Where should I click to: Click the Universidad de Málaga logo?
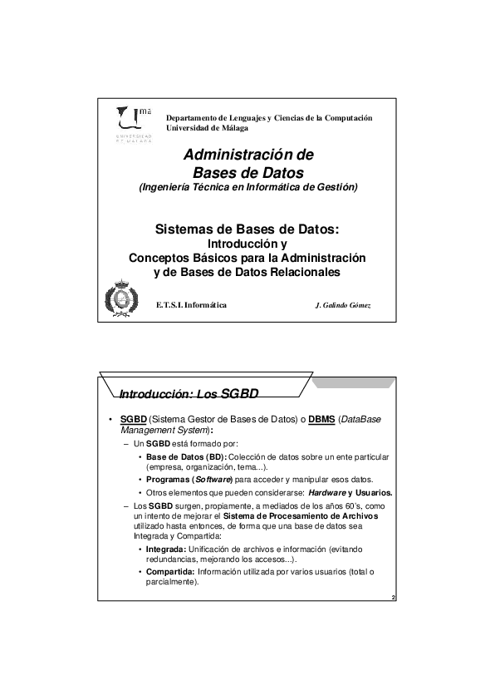pos(133,127)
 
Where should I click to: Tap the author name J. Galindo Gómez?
pos(344,305)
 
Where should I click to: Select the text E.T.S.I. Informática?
pos(192,305)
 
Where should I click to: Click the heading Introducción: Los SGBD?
pos(179,393)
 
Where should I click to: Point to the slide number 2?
pos(391,598)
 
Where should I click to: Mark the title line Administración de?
pos(247,155)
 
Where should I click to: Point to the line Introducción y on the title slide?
pos(247,244)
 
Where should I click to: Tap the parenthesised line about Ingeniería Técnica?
pos(247,187)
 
